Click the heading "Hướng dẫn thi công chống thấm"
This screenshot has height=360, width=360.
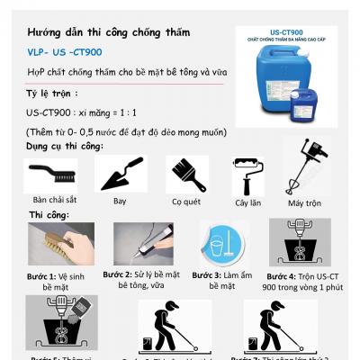coord(108,32)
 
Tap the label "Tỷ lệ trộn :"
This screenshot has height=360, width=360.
coord(53,94)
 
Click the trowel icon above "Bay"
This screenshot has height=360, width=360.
coord(120,174)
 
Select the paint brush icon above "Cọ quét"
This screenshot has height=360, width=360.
coord(186,172)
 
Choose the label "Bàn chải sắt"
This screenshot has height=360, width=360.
coord(53,198)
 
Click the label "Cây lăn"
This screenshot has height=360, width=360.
coord(247,204)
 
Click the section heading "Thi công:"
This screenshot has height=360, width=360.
coord(49,216)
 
